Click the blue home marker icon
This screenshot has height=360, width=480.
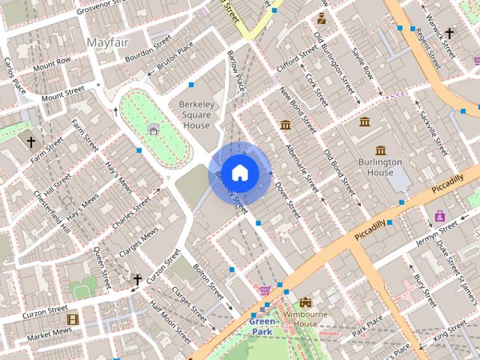tap(238, 173)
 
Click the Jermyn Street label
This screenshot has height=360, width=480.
tap(438, 229)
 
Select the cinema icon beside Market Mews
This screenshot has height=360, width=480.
tap(72, 320)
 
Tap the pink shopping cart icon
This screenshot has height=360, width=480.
tap(265, 290)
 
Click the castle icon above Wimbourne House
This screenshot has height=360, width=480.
tap(304, 301)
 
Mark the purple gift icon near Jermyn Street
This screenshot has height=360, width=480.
tap(439, 217)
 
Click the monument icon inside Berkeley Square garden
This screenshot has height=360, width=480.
tap(153, 129)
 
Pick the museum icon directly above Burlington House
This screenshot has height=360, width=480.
tap(381, 150)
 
